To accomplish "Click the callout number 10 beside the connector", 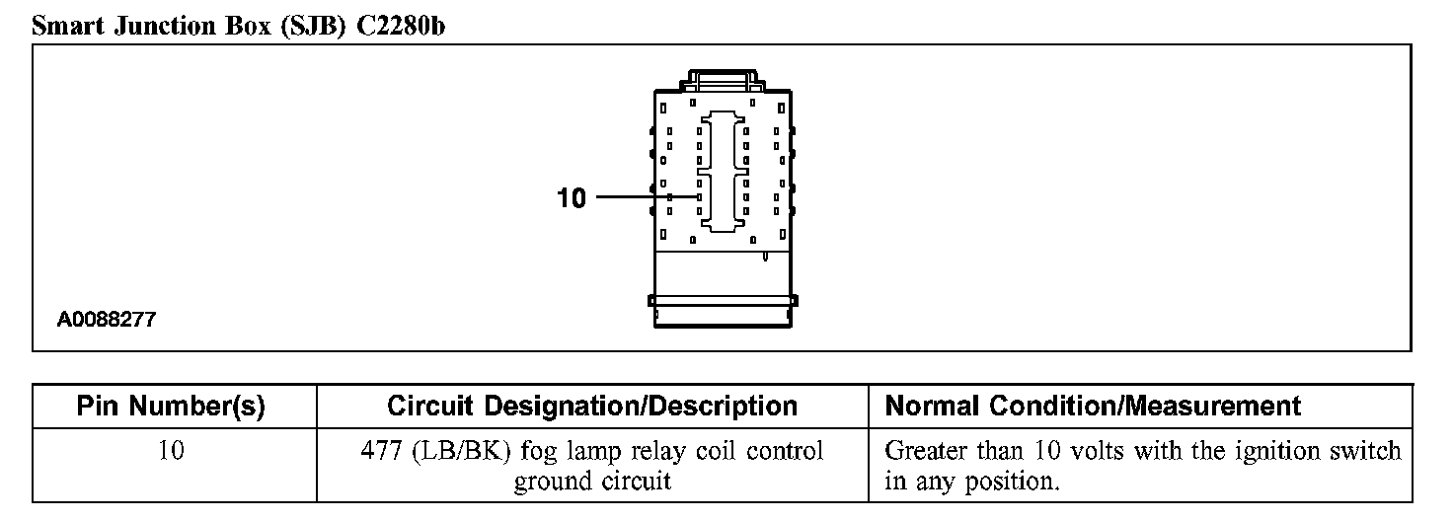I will coord(572,198).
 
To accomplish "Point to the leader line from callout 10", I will coord(647,196).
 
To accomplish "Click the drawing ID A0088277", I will coord(106,320).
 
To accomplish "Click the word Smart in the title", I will coord(69,26).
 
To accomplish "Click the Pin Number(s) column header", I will coord(171,406).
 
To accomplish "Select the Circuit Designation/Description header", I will coord(591,406).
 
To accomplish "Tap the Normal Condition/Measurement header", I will coord(1093,406).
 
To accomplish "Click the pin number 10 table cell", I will coord(171,452).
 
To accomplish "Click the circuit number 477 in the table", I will coord(380,452).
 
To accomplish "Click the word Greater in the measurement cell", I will coord(924,452).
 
